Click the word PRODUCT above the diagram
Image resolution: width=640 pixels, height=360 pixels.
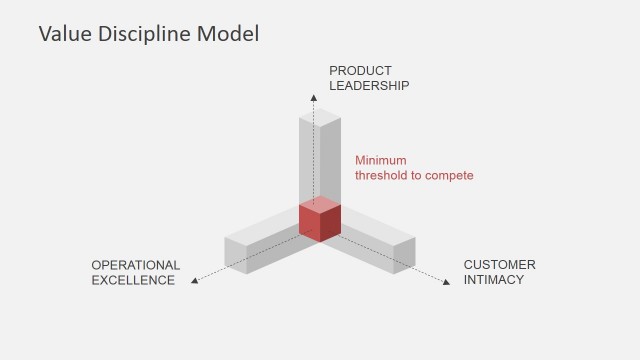[360, 70]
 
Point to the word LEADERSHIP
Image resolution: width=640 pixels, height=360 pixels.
[369, 85]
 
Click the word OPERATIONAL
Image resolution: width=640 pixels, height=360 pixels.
[136, 265]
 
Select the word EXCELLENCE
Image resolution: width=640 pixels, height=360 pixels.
[133, 280]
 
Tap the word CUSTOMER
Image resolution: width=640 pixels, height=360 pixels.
[499, 265]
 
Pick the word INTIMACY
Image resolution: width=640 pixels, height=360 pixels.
[493, 280]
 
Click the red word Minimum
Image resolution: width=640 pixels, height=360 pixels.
[381, 160]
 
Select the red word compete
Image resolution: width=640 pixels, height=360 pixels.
[449, 175]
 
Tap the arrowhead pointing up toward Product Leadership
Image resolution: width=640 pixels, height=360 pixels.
[312, 100]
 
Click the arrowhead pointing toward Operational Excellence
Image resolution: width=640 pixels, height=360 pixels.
[195, 281]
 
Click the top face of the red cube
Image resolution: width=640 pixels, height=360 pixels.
[321, 207]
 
